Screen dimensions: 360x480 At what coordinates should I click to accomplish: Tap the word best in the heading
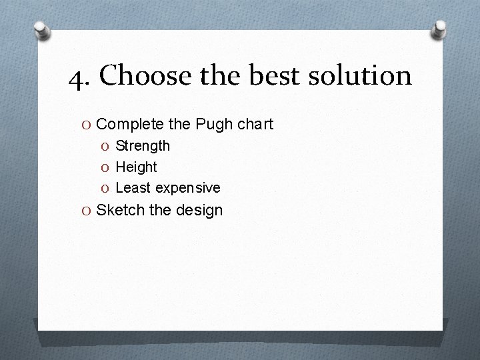275,75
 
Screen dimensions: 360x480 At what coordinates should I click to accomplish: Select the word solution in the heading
361,75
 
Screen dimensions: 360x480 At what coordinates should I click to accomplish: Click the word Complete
129,124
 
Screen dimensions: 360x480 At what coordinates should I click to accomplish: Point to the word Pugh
214,124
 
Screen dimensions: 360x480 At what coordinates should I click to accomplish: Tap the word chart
255,124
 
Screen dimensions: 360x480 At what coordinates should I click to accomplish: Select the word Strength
143,145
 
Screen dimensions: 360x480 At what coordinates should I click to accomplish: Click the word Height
136,167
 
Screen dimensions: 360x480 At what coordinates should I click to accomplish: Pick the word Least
133,188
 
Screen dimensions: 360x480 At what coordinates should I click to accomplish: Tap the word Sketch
121,210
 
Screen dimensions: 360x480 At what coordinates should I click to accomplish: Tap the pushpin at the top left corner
43,30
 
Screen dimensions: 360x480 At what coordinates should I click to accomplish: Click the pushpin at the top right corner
440,28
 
